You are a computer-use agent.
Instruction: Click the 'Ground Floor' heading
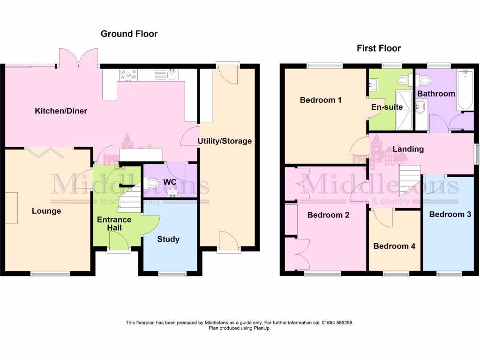click(129, 34)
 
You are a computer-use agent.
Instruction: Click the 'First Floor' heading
click(379, 48)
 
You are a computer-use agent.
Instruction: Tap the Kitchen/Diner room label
click(61, 111)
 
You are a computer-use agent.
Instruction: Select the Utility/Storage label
click(225, 141)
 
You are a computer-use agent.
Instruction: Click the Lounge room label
click(46, 211)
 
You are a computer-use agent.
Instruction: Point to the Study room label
click(168, 239)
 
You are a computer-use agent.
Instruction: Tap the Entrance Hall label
click(114, 224)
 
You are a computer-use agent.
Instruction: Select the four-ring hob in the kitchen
click(128, 75)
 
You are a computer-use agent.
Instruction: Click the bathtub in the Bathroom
click(465, 90)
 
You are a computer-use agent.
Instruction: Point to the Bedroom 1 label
click(321, 100)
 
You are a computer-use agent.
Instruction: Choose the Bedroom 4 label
click(394, 246)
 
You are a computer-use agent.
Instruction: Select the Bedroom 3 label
click(450, 215)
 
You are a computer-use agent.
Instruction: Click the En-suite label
click(387, 107)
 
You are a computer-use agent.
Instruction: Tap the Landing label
click(408, 149)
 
